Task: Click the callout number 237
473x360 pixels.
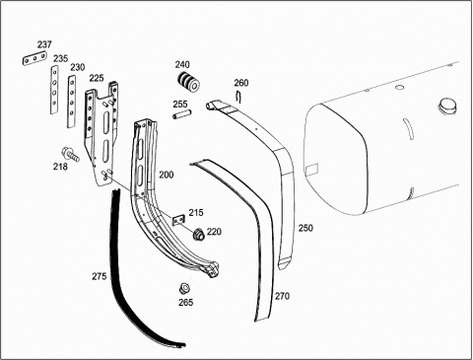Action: coord(44,44)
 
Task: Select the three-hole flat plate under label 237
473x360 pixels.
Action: coord(34,59)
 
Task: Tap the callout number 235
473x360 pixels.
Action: coord(61,58)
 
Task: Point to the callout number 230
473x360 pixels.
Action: coord(78,67)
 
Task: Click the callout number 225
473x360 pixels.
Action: coord(97,78)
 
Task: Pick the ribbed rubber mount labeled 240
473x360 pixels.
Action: coord(189,82)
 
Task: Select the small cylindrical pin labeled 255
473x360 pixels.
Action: coord(182,115)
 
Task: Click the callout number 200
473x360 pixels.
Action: coord(167,175)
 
